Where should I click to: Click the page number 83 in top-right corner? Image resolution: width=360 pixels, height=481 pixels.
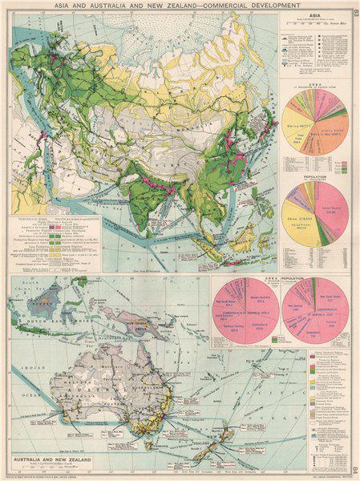[x=354, y=10]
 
